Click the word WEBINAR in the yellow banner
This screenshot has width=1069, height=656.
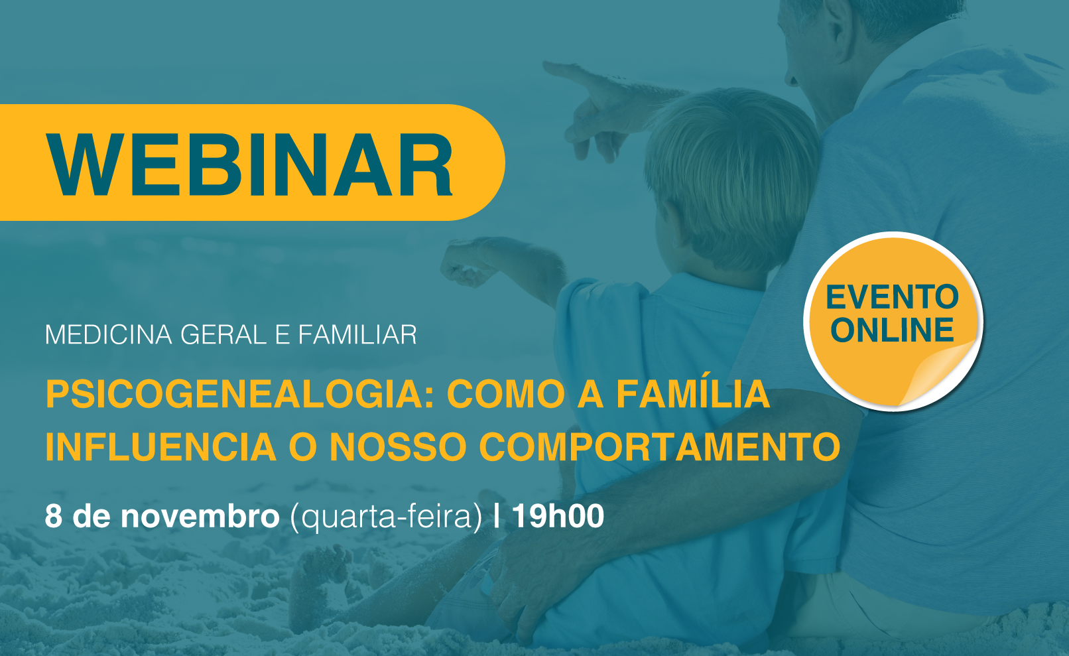[x=249, y=165]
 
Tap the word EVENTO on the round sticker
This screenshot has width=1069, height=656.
[x=893, y=297]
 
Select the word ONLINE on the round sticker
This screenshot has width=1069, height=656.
[x=893, y=330]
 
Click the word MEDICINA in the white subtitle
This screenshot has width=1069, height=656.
[x=108, y=335]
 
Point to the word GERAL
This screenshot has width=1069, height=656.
[x=223, y=335]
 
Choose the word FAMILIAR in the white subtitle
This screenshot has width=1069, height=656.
[x=357, y=335]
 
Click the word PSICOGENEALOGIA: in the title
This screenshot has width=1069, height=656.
[x=240, y=394]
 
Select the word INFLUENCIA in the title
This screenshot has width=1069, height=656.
[x=161, y=447]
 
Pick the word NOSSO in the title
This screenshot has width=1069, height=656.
[x=397, y=447]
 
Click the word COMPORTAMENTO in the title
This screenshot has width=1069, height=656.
[x=660, y=447]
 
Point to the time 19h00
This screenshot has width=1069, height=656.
[x=558, y=516]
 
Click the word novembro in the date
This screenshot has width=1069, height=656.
[x=200, y=516]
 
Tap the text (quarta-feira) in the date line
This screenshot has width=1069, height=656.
[x=386, y=517]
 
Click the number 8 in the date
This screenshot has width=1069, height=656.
[x=54, y=516]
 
